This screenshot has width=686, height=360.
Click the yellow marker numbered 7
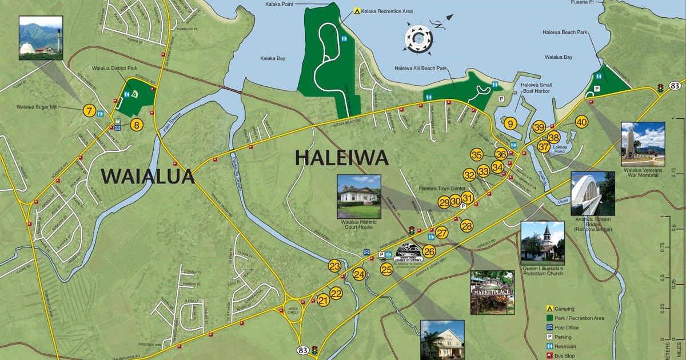(x=89, y=110)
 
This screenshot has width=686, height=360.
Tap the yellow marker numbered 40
(x=581, y=122)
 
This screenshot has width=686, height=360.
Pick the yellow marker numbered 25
(x=387, y=269)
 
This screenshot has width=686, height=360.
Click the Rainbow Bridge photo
(x=593, y=193)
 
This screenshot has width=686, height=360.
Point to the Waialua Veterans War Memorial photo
(x=643, y=143)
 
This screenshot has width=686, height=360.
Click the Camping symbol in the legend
(x=550, y=309)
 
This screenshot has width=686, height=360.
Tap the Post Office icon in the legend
(x=550, y=327)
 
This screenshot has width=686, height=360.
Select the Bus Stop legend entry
(x=550, y=355)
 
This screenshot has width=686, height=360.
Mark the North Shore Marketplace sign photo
(x=492, y=293)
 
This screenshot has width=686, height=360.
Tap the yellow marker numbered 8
(x=136, y=124)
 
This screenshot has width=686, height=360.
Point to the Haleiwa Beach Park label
(x=565, y=33)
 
